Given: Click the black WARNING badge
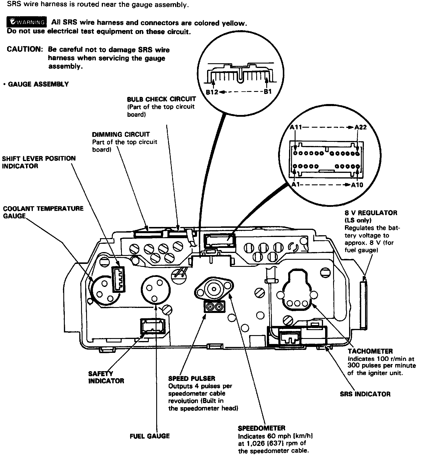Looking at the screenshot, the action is click(x=27, y=22).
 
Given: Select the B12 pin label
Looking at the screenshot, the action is click(x=212, y=92).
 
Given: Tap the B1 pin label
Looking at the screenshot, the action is click(x=267, y=92).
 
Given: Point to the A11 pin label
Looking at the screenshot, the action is click(x=296, y=127).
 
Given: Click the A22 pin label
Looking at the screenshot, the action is click(x=361, y=127).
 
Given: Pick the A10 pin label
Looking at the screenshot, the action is click(x=357, y=185).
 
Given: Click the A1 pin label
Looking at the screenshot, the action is click(x=296, y=184).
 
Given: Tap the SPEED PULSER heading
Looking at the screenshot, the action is click(x=192, y=378).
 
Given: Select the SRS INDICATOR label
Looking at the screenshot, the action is click(x=365, y=394).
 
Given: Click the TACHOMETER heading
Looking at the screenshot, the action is click(x=370, y=351).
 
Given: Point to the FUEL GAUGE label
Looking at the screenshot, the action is click(x=150, y=436).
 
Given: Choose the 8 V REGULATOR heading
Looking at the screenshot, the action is click(x=371, y=213).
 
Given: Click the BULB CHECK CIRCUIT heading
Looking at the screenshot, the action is click(x=162, y=99).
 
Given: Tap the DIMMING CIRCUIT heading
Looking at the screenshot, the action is click(x=121, y=134).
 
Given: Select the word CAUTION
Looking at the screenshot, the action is click(x=25, y=49).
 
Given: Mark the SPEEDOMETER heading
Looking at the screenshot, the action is click(x=262, y=428).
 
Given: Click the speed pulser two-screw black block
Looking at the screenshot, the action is click(x=214, y=307).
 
